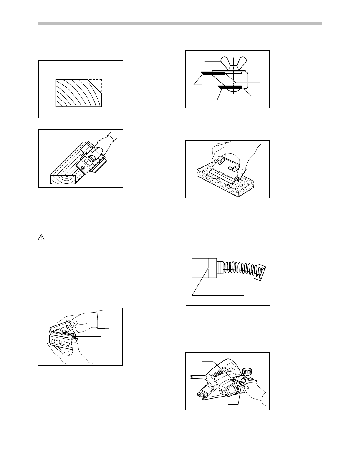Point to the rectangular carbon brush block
201,268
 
